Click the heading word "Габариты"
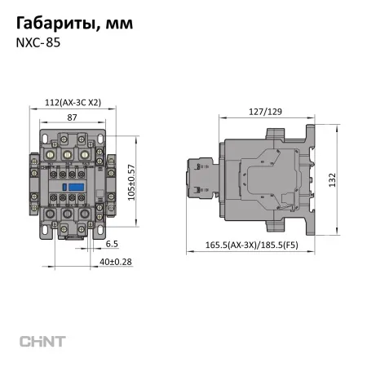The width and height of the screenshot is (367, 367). tap(54, 24)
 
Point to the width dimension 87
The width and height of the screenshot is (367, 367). tap(72, 118)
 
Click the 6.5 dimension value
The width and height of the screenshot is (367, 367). tap(112, 243)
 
